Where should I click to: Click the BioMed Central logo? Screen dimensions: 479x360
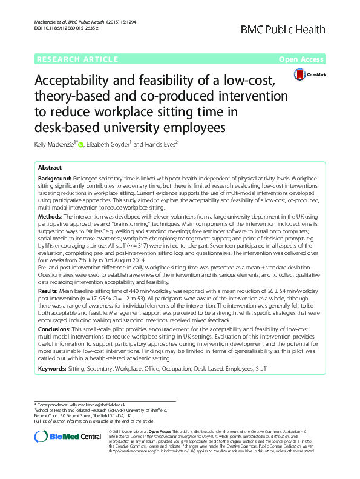tap(65, 437)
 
